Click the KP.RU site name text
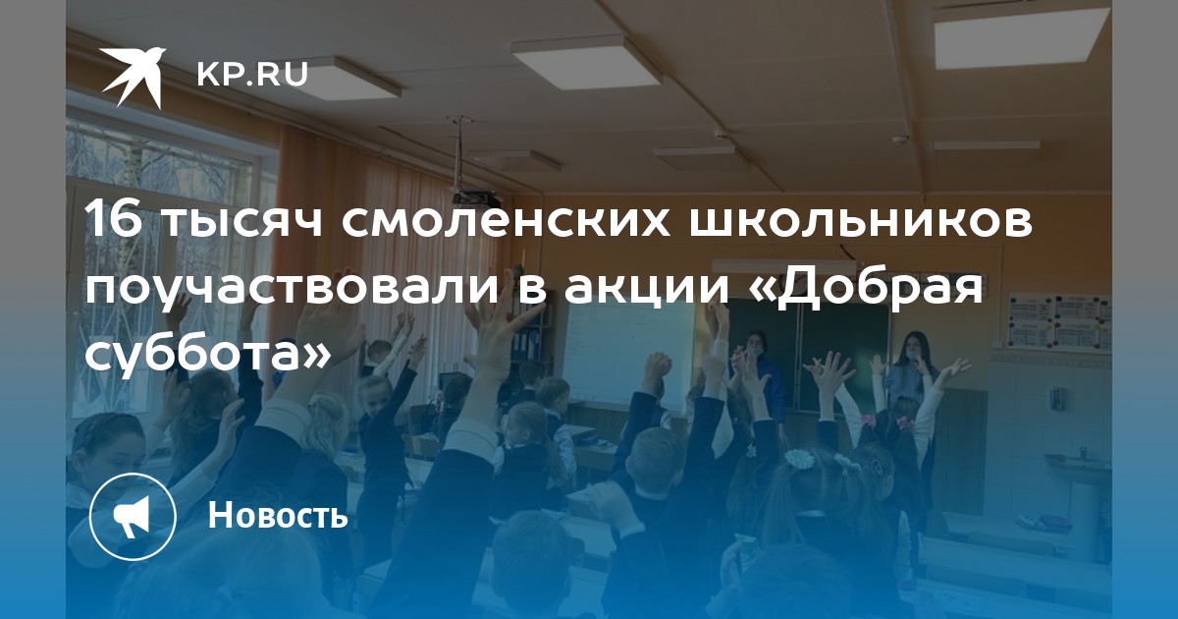[252, 75]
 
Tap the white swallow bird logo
[134, 77]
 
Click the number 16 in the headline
[114, 220]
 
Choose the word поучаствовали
[292, 292]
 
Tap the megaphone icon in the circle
[132, 516]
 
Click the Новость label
[278, 515]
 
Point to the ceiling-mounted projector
[473, 197]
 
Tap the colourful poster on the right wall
[1058, 322]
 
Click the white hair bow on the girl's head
[799, 458]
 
